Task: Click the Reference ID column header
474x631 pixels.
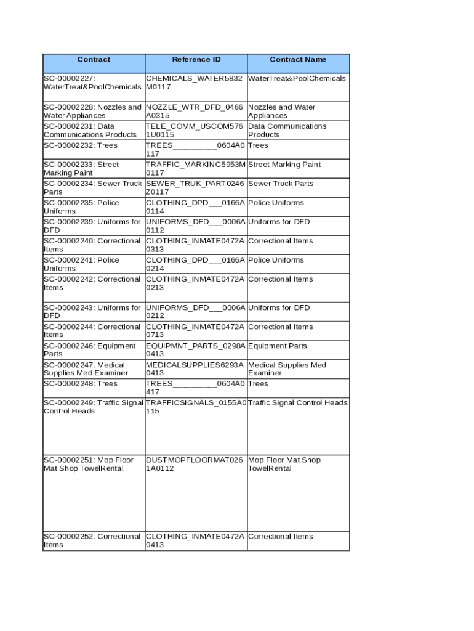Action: pos(196,60)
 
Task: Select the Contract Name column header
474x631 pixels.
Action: pos(298,60)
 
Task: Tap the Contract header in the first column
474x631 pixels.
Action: pos(94,60)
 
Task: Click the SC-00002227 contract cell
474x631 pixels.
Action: pos(92,83)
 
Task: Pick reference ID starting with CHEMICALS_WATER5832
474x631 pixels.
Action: pos(194,83)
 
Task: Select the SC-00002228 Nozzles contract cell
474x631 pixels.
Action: pos(92,112)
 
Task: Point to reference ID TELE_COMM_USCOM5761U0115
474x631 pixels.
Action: pos(194,131)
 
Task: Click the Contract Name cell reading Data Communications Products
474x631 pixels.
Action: pos(287,131)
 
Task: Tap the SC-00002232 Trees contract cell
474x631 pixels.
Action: pos(81,145)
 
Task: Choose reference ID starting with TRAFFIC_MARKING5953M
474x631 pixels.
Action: pos(195,169)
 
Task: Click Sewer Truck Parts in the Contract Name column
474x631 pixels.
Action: pos(281,184)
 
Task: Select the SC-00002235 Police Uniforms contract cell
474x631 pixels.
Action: pos(82,207)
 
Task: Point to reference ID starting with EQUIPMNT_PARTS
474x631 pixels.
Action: pos(195,350)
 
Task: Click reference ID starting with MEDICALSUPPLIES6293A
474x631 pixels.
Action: pos(195,369)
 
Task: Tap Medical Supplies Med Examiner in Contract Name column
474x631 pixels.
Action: pos(287,369)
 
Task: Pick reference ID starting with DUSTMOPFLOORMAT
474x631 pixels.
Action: pos(194,465)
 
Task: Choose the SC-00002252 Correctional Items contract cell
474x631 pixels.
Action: pos(92,541)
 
